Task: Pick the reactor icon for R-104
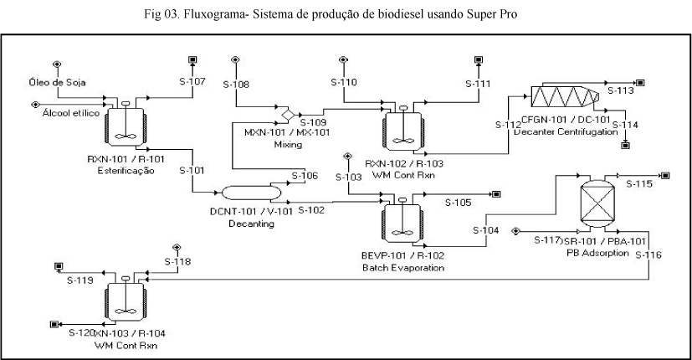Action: coord(126,299)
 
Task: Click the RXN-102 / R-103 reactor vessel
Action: coord(402,126)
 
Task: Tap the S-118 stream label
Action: coord(177,261)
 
